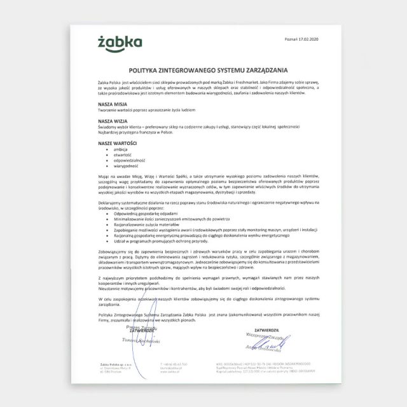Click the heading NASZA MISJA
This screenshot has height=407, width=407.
pos(112,102)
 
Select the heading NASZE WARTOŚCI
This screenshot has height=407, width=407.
pos(117,143)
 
